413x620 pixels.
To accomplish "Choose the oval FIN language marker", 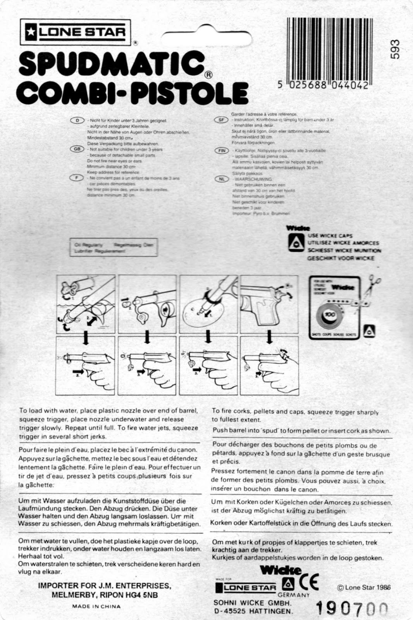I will click(222, 151).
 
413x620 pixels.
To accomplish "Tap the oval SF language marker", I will click(222, 120).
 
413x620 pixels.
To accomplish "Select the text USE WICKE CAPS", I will click(330, 236).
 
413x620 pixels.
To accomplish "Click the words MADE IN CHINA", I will click(96, 606).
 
